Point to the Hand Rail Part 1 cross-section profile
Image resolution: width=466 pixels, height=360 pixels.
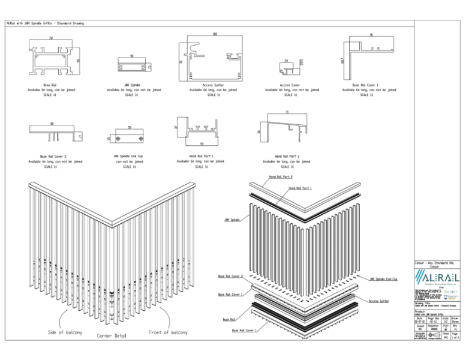coord(200,132)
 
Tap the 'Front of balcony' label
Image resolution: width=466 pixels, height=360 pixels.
coord(168,332)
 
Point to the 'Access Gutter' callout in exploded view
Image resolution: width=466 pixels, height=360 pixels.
coord(378,301)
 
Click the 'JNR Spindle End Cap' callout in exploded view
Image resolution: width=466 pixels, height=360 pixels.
coord(384,279)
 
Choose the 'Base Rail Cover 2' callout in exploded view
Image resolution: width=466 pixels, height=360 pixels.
coord(230,276)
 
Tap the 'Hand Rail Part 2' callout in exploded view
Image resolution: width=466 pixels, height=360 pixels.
coord(281,177)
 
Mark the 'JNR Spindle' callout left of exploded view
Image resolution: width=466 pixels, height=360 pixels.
coord(232,220)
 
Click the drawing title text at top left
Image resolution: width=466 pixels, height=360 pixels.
coord(45,23)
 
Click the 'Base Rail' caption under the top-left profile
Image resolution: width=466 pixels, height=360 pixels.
coord(51,85)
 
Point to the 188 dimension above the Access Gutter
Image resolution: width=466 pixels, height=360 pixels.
coord(214,34)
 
